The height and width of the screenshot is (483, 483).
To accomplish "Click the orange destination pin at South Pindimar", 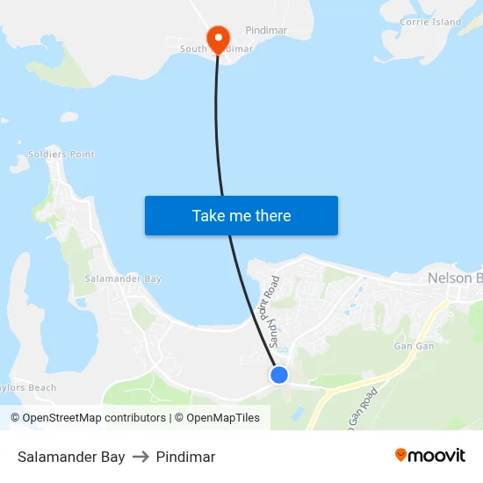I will (217, 37).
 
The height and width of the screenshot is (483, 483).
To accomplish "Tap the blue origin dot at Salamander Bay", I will (278, 375).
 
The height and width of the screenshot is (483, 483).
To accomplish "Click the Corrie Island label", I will (430, 22).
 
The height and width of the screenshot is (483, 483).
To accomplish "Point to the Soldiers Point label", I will (61, 155).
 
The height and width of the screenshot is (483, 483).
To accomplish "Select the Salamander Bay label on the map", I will (123, 278).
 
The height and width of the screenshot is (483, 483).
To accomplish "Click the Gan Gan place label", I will (414, 346).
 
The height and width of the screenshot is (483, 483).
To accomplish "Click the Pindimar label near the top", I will (266, 30).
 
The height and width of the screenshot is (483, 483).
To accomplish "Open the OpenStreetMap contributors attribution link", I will (93, 418).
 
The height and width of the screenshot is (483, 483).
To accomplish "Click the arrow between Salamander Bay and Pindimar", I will (141, 457).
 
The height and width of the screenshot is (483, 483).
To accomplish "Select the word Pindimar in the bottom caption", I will (185, 457).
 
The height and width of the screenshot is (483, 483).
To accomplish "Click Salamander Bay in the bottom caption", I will (71, 457).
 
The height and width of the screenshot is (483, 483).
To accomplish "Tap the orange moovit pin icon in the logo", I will (401, 455).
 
